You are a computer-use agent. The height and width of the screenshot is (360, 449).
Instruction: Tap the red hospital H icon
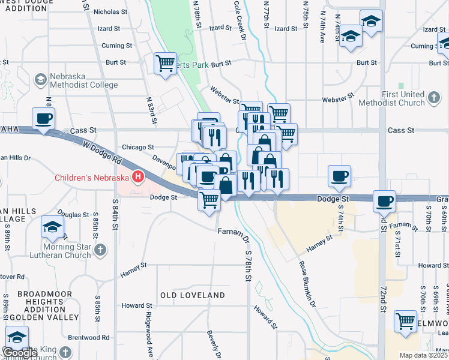139,177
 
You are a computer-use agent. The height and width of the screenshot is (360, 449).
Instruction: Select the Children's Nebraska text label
92,177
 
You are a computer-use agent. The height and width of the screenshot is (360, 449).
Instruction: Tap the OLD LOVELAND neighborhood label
192,295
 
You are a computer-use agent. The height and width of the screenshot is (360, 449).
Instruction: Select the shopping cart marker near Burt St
165,63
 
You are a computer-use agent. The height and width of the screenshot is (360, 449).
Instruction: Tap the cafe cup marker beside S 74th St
340,176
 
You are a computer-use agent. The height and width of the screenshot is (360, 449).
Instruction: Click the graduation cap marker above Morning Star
52,227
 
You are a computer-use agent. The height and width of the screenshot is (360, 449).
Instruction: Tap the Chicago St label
138,146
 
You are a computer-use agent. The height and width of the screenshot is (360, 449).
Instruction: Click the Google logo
20,352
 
